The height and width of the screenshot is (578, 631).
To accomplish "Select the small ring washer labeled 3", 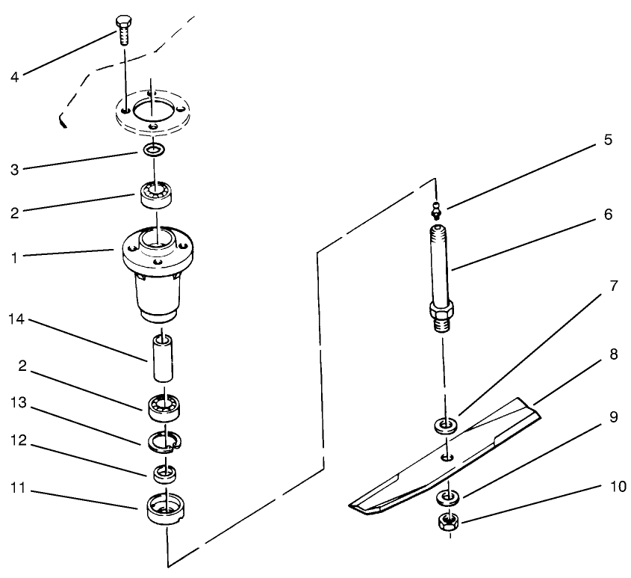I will pos(155,151).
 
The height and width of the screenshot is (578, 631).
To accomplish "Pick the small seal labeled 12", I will pos(164,473).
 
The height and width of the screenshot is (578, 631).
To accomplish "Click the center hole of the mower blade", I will pos(446,456).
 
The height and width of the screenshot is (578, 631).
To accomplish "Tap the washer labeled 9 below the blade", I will pos(447,496).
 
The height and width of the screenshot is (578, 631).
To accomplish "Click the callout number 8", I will pos(614,354).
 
